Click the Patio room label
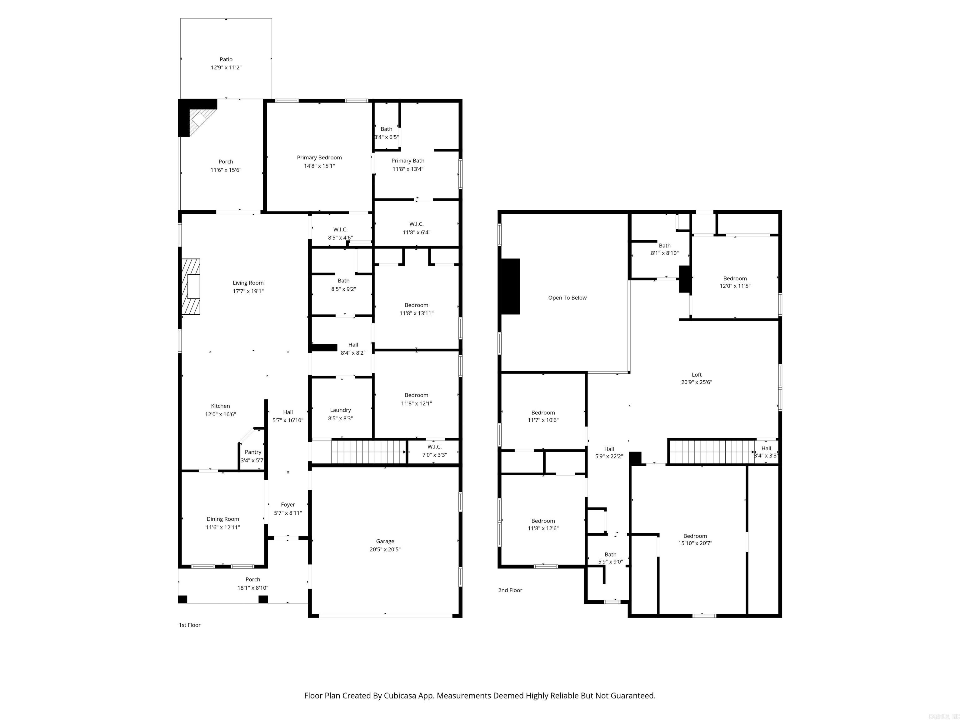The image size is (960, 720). pos(226,59)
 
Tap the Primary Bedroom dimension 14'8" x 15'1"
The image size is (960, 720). pos(319,166)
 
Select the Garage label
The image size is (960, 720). pos(385,541)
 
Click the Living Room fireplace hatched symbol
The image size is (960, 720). pos(191,287)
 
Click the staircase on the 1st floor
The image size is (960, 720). pos(368,452)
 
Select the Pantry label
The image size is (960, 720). pos(252,452)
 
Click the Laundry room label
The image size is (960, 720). pos(340,410)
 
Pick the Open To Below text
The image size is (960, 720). pos(567,298)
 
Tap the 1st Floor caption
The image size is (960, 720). pos(190,625)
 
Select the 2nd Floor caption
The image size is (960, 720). pos(510,590)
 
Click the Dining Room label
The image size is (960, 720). pos(222,519)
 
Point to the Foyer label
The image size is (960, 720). pos(288,504)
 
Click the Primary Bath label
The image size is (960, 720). pos(407,161)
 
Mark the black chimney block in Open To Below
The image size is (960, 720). pos(510,287)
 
